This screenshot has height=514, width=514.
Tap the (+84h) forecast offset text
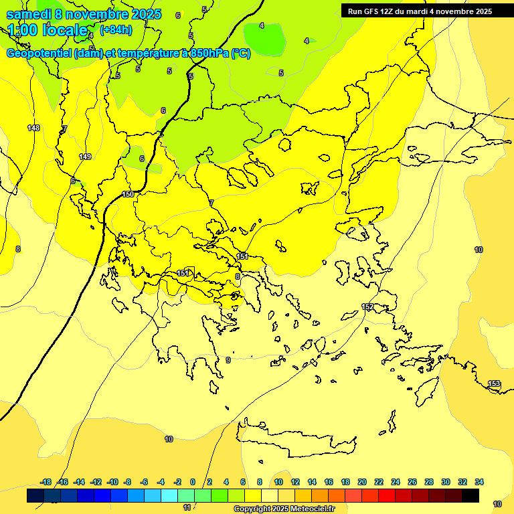point(116,29)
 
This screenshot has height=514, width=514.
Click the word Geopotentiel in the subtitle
point(39,54)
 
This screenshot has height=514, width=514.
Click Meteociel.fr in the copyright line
point(309,509)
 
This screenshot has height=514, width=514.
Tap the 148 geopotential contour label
point(33,128)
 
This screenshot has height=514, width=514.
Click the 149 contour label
point(85,157)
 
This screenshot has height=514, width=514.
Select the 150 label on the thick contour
point(128,194)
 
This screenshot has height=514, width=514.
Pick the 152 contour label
point(367,307)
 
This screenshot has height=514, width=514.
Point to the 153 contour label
point(494,383)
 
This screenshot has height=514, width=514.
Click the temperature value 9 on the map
point(228,360)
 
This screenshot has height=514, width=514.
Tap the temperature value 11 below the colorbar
point(187,507)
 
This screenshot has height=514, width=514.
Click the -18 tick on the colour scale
point(46,482)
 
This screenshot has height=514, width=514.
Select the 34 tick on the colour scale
point(479,482)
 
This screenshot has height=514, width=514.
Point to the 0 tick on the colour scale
point(193,482)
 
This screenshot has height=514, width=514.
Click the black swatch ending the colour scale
point(470,496)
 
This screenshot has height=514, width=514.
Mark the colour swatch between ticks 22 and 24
point(387,496)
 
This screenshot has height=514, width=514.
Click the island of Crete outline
point(301,442)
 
